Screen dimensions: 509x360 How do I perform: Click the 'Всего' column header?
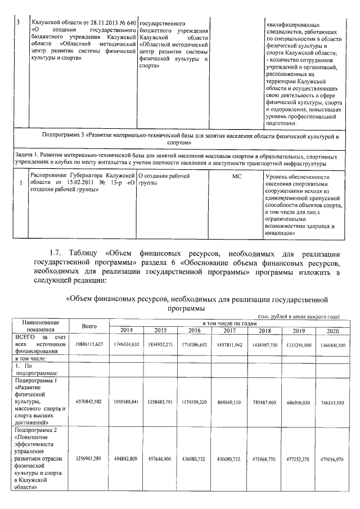pos(89,326)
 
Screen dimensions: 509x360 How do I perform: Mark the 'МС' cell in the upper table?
pos(237,177)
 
